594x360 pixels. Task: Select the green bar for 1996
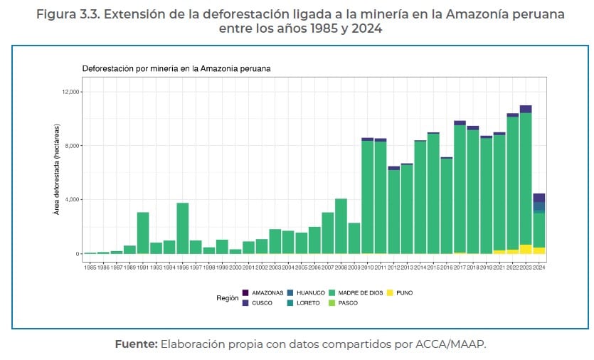(x=183, y=228)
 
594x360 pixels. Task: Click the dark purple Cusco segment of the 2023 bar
(x=526, y=109)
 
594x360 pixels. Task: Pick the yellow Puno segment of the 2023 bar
(x=526, y=249)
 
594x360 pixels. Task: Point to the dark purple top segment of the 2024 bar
(x=539, y=198)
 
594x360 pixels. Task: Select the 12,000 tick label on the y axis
(x=72, y=92)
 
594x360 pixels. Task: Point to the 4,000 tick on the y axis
(x=73, y=200)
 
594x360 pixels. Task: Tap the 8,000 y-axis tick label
(x=73, y=146)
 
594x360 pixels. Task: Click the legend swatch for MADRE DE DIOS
(x=334, y=292)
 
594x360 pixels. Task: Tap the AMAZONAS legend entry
(x=267, y=292)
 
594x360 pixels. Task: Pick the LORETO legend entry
(x=309, y=303)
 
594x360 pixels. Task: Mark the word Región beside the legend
(x=228, y=298)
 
